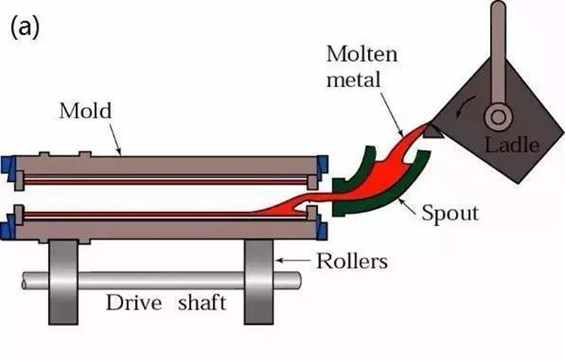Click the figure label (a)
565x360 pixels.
[x=24, y=27]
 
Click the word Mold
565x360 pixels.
[x=85, y=111]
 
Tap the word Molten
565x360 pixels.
[x=362, y=54]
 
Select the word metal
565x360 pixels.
[x=353, y=79]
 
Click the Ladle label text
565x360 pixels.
[x=512, y=145]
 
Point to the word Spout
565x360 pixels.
[x=450, y=214]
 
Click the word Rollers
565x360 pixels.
[x=352, y=261]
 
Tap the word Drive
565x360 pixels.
[x=133, y=302]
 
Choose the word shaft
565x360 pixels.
[x=202, y=302]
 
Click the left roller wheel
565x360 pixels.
[x=64, y=282]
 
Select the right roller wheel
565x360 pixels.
[x=259, y=282]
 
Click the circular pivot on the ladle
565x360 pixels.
[x=499, y=117]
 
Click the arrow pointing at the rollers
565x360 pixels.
[x=293, y=260]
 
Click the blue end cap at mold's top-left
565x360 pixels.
[x=8, y=165]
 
